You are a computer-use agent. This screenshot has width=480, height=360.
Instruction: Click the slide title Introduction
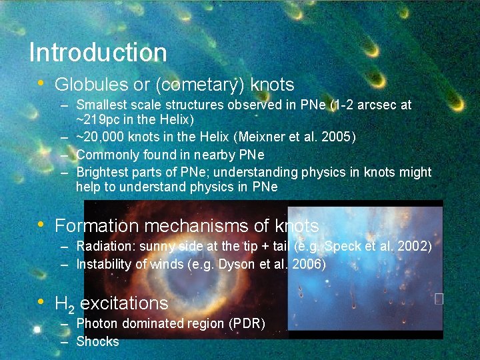point(98,52)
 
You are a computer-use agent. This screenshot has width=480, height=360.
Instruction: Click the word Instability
point(104,264)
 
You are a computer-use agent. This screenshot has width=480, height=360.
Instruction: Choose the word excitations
point(124,303)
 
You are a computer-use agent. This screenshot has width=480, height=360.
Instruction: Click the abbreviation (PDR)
point(247,324)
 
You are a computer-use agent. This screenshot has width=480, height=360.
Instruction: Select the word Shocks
point(97,341)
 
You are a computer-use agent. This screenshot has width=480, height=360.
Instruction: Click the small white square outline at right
point(439,299)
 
